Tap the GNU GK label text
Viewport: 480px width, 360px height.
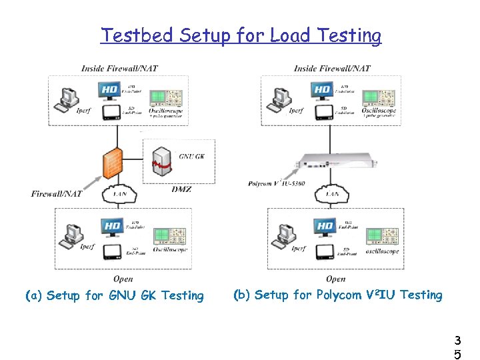(193, 157)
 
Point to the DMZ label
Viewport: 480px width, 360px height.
(180, 189)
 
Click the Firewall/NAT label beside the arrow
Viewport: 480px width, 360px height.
(56, 194)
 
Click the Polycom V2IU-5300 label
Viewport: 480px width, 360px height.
(276, 183)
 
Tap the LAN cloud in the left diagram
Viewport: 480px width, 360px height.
(119, 194)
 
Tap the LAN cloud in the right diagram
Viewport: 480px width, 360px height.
(331, 194)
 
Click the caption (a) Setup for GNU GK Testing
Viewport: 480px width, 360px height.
(114, 295)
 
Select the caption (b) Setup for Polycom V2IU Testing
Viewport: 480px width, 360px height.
(337, 295)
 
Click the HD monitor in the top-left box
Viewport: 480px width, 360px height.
(111, 89)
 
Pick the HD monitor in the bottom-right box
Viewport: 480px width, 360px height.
(325, 227)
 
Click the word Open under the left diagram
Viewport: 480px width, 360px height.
(123, 279)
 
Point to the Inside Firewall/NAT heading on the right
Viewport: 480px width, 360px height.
(332, 68)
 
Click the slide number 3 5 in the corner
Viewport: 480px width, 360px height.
(457, 347)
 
